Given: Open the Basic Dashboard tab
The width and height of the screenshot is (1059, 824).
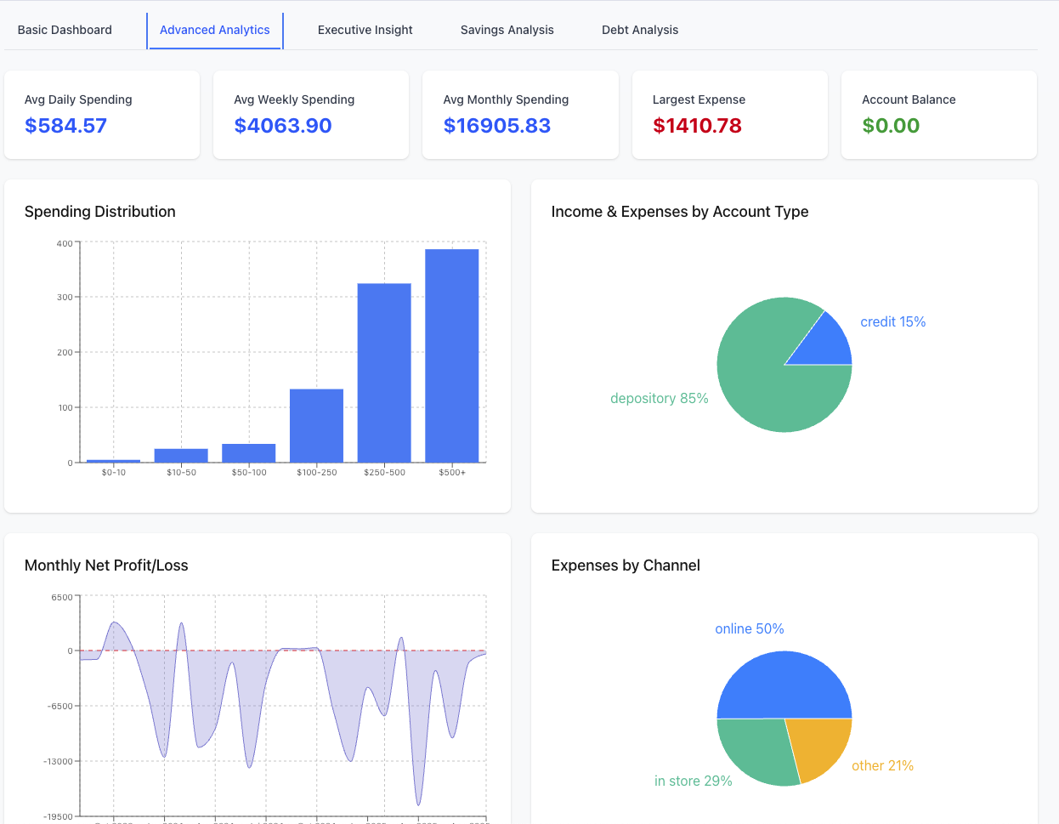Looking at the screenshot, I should tap(65, 30).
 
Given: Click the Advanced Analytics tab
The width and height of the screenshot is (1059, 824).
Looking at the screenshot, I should tap(215, 30).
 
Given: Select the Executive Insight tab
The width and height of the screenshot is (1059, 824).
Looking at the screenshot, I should tap(365, 30).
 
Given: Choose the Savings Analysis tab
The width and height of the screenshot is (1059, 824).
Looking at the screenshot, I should tap(507, 30).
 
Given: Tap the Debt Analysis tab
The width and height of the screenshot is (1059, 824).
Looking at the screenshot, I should tap(640, 30).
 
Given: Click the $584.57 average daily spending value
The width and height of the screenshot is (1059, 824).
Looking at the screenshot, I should tap(66, 126).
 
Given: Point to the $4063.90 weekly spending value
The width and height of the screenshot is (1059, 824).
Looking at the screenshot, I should tap(283, 126).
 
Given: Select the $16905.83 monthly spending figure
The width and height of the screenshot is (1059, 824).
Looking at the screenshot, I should tap(497, 126).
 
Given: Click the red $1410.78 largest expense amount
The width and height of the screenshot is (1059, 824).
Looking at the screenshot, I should tap(697, 126).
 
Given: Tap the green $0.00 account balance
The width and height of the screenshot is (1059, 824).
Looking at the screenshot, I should tap(891, 126).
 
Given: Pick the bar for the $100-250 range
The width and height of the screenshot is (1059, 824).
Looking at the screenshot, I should tap(316, 425).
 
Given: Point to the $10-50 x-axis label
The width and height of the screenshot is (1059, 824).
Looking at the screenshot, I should tap(181, 472).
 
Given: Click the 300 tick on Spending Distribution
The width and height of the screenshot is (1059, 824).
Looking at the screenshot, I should tap(65, 298).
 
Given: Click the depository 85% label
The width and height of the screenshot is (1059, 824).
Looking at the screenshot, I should tap(659, 398).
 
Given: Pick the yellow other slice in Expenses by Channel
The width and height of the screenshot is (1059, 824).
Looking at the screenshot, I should tap(818, 747).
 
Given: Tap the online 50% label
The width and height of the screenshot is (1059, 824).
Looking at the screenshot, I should tap(749, 628).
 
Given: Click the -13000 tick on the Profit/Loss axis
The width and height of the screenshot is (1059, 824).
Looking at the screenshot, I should tap(59, 761).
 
